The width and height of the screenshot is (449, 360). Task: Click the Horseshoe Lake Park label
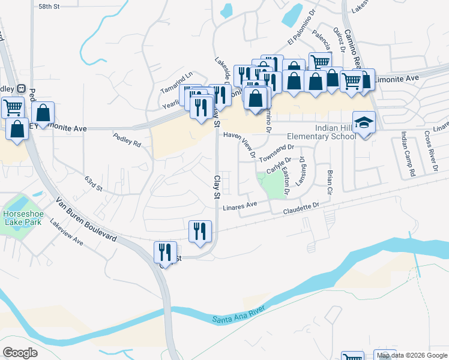[22, 218]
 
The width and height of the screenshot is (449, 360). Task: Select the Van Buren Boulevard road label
[86, 218]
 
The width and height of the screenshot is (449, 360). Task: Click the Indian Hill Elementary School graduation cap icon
[363, 122]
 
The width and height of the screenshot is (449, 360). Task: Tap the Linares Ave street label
[240, 205]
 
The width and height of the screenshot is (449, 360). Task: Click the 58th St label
[49, 6]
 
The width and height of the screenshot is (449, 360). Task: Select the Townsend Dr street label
[276, 152]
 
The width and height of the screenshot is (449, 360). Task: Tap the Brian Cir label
[330, 182]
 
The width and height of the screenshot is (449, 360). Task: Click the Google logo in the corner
[20, 352]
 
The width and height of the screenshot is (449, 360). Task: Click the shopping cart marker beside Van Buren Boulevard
[13, 107]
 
